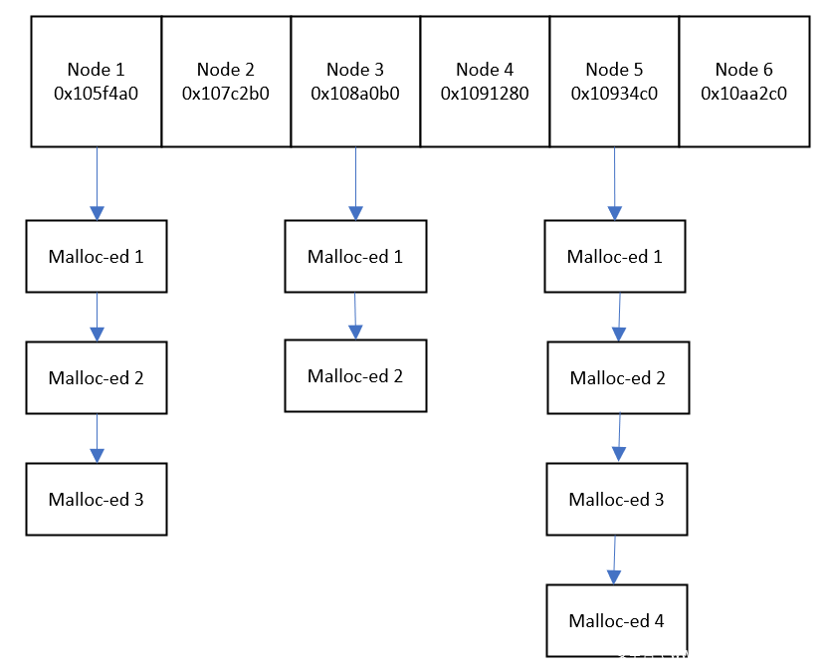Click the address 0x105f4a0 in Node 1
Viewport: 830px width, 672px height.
click(x=96, y=94)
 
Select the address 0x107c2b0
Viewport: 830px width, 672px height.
click(x=226, y=94)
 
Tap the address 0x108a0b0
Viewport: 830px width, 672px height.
click(x=355, y=94)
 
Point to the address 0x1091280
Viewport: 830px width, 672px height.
click(x=485, y=94)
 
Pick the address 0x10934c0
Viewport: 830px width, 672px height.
click(x=615, y=94)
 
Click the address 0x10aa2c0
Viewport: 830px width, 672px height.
click(x=743, y=94)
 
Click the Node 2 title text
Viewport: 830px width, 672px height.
click(x=226, y=70)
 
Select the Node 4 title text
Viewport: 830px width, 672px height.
click(x=485, y=70)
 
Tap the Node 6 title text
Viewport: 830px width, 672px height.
click(x=743, y=70)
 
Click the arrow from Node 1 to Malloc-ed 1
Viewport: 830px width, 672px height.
click(x=97, y=183)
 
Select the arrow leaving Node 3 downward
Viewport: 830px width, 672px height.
click(x=355, y=183)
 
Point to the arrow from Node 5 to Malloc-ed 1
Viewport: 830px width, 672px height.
click(x=615, y=183)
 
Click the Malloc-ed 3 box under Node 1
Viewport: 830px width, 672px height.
click(x=97, y=500)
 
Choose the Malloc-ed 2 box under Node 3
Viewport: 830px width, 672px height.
click(x=355, y=376)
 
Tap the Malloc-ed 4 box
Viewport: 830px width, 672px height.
click(x=617, y=620)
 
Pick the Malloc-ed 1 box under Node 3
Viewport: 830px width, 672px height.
click(x=355, y=256)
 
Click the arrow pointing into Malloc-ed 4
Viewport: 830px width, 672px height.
click(x=615, y=560)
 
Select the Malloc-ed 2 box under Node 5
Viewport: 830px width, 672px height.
click(x=618, y=377)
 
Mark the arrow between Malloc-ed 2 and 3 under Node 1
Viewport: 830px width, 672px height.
click(x=97, y=438)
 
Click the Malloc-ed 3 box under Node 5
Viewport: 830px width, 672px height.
click(x=617, y=500)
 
